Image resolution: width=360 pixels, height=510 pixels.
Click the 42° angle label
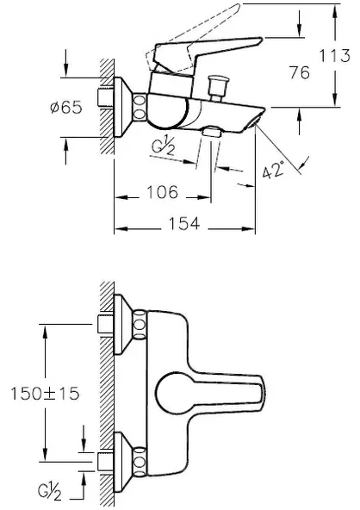[274, 171]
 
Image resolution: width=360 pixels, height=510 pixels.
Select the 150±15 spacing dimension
[43, 393]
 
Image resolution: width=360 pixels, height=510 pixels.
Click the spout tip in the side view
[258, 119]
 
